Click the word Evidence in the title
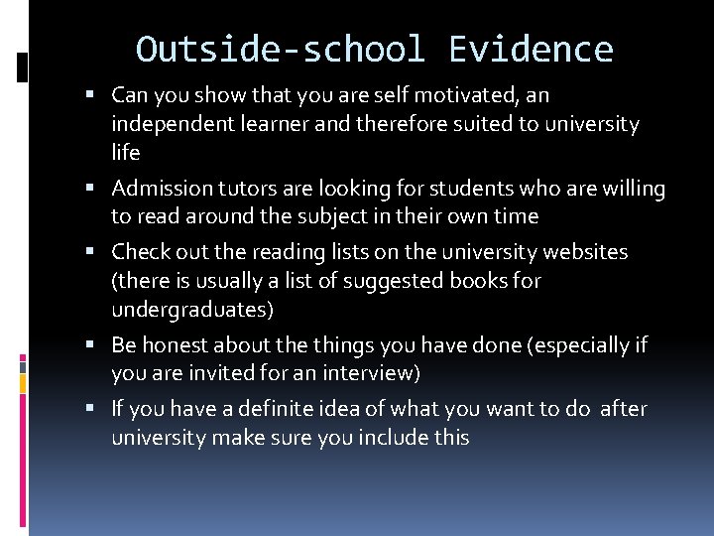click(x=531, y=49)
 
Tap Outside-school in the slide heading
click(x=281, y=49)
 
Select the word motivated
click(x=466, y=95)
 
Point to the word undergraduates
click(x=192, y=310)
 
